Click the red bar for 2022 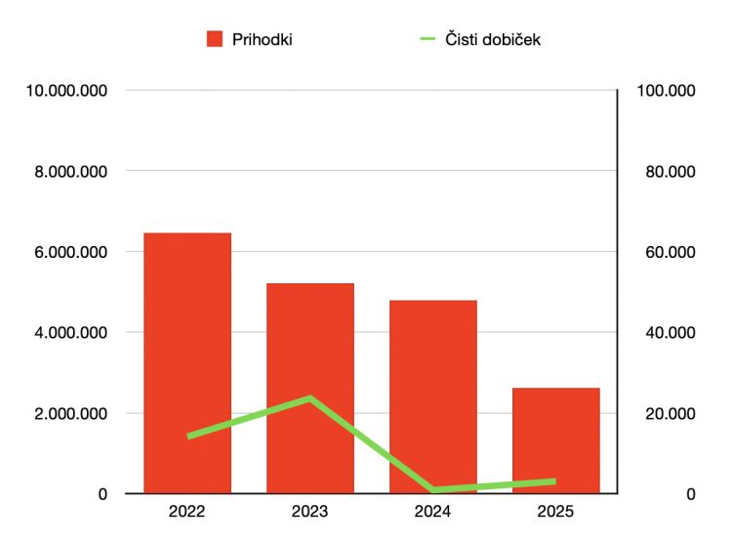coord(187,362)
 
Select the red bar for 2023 coord(310,388)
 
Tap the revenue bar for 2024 coord(433,397)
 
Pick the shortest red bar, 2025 coord(556,440)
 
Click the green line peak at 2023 coord(310,398)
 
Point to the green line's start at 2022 coord(189,436)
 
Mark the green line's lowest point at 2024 coord(433,489)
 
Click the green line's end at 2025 coord(554,481)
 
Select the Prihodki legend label coord(263,39)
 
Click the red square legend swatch coord(215,39)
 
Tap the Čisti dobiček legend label coord(493,39)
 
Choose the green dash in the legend coord(427,39)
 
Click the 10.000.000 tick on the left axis coord(66,90)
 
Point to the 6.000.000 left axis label coord(70,252)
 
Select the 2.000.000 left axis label coord(70,413)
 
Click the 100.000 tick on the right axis coord(667,90)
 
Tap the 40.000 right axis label coord(671,333)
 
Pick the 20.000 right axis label coord(671,413)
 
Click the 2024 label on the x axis coord(432,511)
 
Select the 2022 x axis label coord(186,511)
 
